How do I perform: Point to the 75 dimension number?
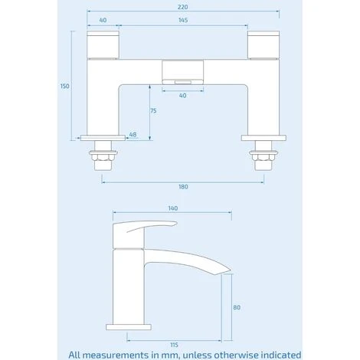coord(153,111)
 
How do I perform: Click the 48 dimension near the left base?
coord(133,134)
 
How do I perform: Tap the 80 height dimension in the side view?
coord(237,307)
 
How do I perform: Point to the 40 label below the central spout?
coord(182,95)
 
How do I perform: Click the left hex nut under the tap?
coord(102,159)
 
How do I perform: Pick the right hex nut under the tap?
coord(264,159)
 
